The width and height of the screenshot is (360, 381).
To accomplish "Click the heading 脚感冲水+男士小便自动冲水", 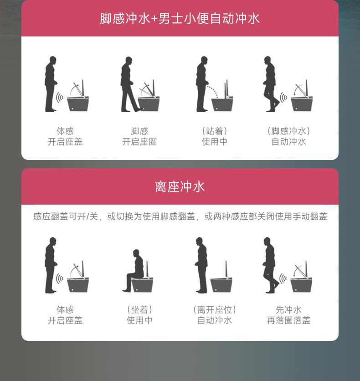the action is pos(180,19).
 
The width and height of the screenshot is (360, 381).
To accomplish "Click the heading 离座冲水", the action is pos(180,186).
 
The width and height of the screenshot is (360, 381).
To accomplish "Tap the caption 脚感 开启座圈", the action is pos(139,136).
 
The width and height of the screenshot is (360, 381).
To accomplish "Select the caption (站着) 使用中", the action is pos(215,136).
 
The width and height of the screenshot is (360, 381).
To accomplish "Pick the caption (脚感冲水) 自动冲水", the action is pos(288,136).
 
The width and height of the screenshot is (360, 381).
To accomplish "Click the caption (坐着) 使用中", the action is pos(139,315).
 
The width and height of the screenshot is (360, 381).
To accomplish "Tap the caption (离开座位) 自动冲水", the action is pos(215,315).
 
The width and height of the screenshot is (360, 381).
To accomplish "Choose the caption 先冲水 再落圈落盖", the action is pos(288,315).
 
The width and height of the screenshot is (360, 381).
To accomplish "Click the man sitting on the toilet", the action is pos(134,270).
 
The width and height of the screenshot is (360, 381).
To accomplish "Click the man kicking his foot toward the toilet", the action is pos(130,84).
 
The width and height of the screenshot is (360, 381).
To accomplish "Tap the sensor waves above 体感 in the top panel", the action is pos(60,98).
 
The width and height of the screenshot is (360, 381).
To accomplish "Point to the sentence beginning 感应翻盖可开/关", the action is pos(180,216).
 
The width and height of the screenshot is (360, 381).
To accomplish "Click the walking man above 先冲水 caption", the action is pos(270,265).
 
